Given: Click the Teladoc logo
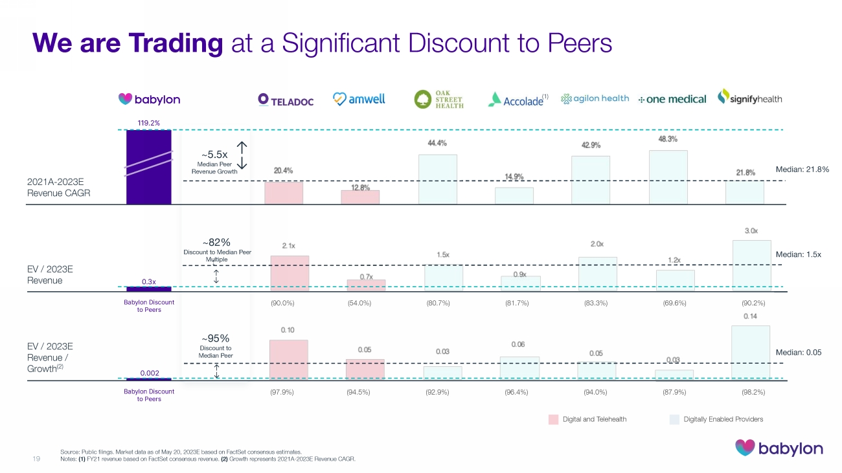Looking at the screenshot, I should tap(285, 100).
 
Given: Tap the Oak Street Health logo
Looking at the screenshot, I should tap(438, 99).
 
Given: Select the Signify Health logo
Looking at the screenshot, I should tap(749, 98).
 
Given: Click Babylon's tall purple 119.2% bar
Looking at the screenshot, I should tap(149, 167).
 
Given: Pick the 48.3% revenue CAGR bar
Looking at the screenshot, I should tap(668, 177).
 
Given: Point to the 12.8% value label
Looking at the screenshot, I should tap(360, 188).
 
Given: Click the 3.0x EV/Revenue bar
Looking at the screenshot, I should tap(751, 265).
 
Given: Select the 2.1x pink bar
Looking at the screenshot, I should tap(290, 273).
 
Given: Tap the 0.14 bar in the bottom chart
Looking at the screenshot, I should tap(751, 353).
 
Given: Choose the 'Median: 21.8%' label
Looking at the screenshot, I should tap(798, 170).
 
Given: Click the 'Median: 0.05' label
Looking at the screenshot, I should tap(798, 353).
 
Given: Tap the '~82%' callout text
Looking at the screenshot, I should tap(216, 243).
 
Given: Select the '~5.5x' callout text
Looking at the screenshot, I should tap(214, 155).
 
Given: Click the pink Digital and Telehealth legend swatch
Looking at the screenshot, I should tap(553, 419).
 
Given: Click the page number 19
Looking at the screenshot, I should tap(36, 459).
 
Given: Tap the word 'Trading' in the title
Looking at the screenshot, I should tap(176, 43).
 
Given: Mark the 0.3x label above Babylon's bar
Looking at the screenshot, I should tap(149, 281).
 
